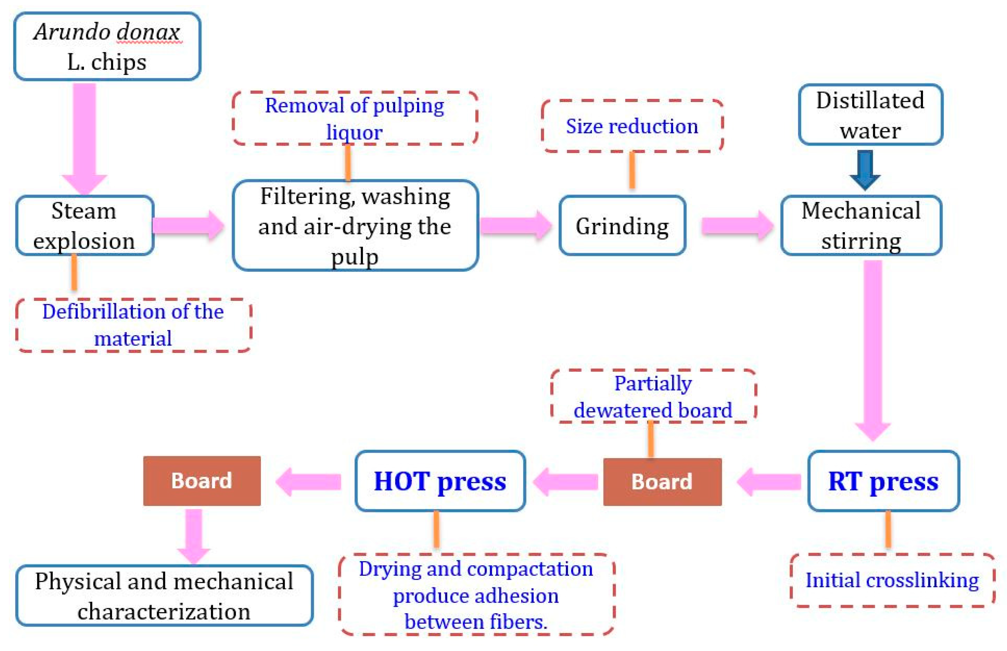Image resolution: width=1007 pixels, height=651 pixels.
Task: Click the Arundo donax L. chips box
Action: click(107, 47)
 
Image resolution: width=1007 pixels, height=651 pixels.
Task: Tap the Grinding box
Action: click(622, 225)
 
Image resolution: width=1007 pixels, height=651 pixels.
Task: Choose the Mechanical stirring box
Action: click(861, 225)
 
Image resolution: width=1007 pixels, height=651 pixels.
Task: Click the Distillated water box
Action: click(870, 114)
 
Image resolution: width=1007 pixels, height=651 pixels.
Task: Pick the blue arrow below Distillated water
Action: click(865, 170)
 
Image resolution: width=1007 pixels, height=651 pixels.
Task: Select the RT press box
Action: click(883, 481)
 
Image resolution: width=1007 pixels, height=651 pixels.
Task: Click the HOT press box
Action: click(440, 481)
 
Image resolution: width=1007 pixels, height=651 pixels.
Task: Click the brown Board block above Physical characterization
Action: click(202, 481)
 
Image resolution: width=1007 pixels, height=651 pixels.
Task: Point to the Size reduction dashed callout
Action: click(632, 126)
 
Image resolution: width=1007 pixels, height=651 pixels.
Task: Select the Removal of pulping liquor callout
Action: click(355, 118)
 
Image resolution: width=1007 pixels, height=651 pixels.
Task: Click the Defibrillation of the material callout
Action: click(133, 325)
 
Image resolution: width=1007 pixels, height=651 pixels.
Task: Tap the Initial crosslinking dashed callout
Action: click(892, 580)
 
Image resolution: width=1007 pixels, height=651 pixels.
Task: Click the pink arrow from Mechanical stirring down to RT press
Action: click(872, 347)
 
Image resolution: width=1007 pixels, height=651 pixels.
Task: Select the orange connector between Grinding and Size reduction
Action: click(632, 170)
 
